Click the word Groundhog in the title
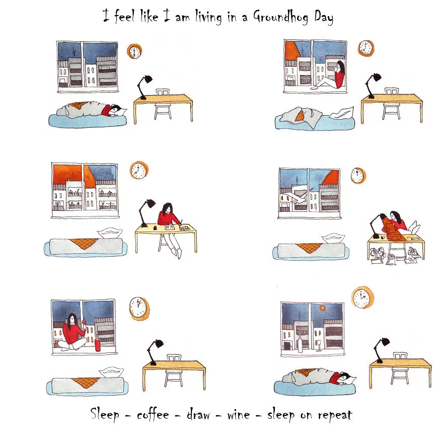(x=280, y=17)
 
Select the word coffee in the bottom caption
(x=153, y=414)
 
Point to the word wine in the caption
(x=239, y=415)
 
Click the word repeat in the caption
(x=335, y=415)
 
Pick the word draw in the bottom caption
(x=198, y=414)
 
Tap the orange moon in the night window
(x=322, y=308)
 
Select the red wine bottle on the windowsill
(x=98, y=342)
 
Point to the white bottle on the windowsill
(x=300, y=343)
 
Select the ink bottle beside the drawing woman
(x=155, y=228)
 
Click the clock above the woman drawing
(x=139, y=170)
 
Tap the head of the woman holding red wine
(x=72, y=319)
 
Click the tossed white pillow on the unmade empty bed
(x=342, y=113)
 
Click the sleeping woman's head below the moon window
(x=345, y=377)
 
